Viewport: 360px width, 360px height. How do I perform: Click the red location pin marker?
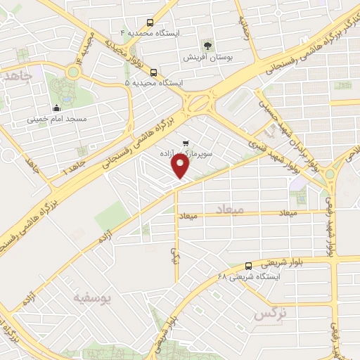(x=181, y=166)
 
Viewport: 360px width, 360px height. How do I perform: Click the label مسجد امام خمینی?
(x=56, y=120)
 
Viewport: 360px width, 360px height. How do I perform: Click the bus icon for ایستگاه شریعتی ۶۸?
(x=249, y=266)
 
